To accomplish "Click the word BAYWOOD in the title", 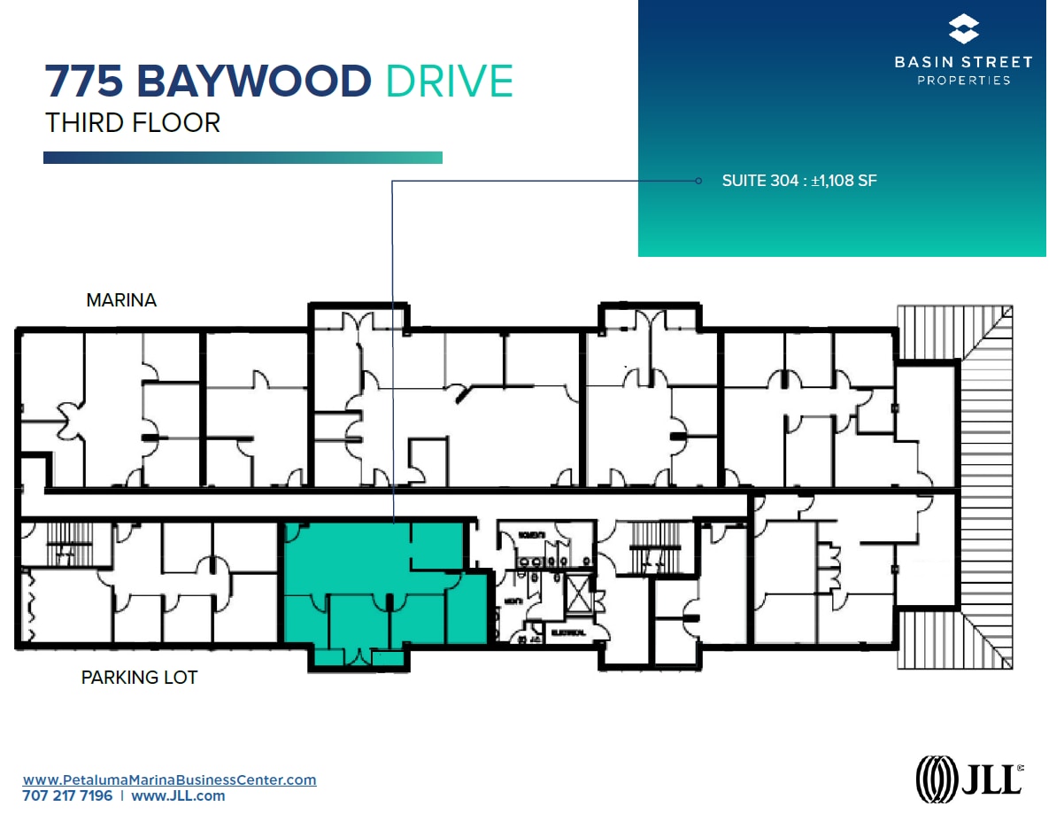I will [252, 81].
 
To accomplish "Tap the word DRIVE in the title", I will [450, 81].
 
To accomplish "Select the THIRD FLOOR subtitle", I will [133, 122].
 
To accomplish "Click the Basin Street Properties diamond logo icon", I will [963, 29].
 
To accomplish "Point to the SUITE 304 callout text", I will [798, 181].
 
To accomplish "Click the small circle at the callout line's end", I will [698, 181].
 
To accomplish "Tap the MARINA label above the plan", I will [121, 300].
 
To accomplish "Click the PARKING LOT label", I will [139, 678].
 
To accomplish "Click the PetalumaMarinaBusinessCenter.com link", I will [169, 779].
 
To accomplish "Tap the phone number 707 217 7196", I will [67, 795].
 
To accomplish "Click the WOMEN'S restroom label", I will [531, 535].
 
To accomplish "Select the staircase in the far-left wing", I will [63, 542].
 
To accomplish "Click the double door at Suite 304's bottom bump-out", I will [359, 657].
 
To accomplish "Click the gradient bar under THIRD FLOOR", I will [243, 158].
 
